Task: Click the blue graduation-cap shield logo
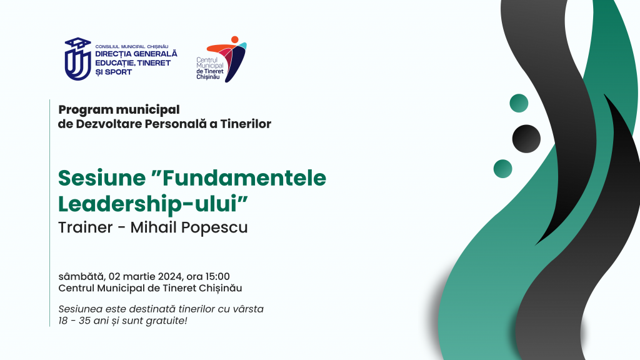[77, 59]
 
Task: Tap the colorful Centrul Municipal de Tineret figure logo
[227, 59]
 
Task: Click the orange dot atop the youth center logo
[235, 39]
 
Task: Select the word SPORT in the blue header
[118, 72]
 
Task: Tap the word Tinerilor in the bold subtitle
[246, 124]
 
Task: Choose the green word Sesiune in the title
[102, 178]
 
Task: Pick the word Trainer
[85, 227]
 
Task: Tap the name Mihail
[154, 227]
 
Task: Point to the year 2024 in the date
[170, 277]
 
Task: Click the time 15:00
[217, 277]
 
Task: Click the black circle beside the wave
[526, 139]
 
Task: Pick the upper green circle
[519, 103]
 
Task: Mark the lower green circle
[503, 169]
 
